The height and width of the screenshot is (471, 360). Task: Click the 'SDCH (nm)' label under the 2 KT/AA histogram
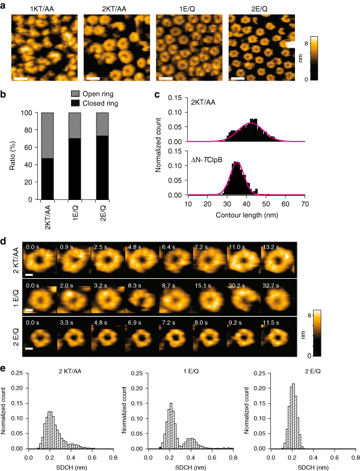pos(67,467)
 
